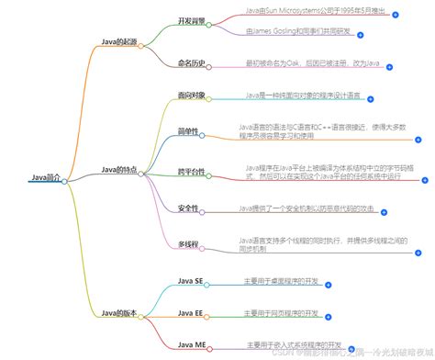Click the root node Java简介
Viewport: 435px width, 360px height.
[x=44, y=177]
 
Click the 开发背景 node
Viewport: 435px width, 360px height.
[x=192, y=18]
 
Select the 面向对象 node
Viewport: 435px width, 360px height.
[x=192, y=96]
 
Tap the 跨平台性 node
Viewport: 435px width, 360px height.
[x=192, y=171]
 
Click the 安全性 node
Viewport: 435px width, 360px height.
[x=189, y=208]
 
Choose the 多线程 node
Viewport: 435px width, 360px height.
[x=189, y=245]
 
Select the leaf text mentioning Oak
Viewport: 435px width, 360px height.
[x=311, y=62]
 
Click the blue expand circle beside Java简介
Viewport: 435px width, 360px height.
[x=64, y=181]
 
